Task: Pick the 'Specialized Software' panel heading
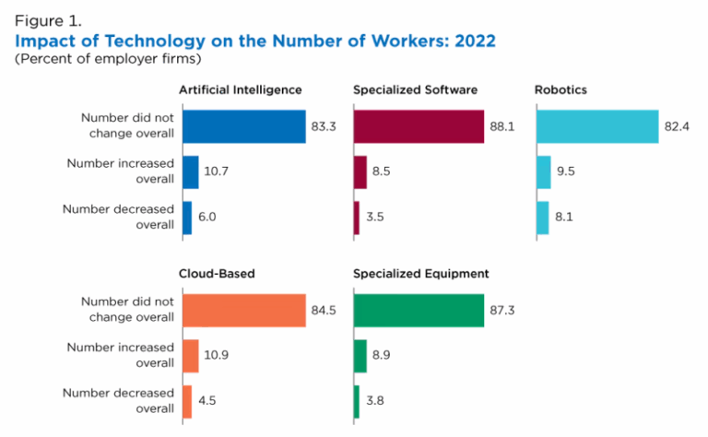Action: point(414,90)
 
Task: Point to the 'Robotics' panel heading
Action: point(560,90)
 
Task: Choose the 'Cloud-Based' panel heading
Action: point(217,274)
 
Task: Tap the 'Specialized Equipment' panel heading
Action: point(420,274)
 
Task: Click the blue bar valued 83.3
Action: point(243,126)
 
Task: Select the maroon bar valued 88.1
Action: point(419,126)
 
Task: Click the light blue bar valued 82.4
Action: point(596,126)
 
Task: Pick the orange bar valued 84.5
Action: point(243,310)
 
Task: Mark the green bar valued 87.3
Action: point(419,310)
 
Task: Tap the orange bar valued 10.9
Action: point(190,356)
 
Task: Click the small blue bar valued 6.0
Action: point(186,218)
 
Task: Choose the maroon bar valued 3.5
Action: point(356,218)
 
